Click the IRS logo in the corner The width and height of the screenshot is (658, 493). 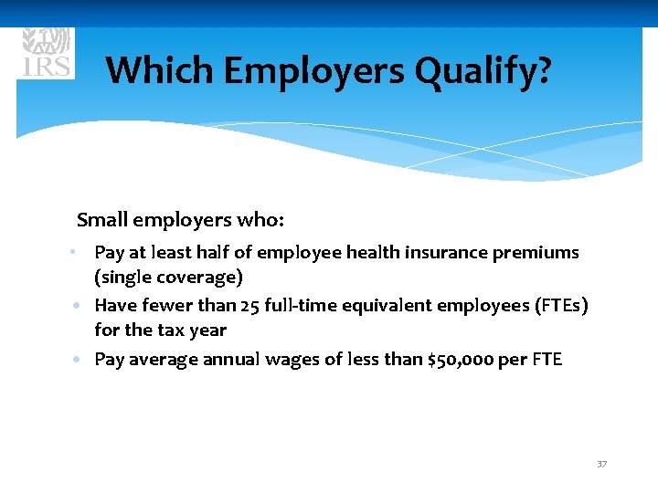(x=47, y=53)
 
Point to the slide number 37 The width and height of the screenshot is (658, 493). (x=601, y=465)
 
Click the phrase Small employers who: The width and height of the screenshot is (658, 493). (x=181, y=220)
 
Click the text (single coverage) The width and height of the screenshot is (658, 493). (x=168, y=277)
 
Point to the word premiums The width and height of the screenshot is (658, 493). (x=536, y=252)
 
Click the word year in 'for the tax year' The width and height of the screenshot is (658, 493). (x=207, y=330)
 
